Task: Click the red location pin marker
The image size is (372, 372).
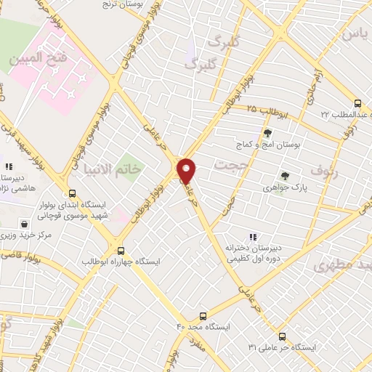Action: (187, 171)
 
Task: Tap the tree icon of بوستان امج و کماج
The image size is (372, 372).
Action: (267, 133)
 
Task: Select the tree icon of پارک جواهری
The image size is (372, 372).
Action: (284, 175)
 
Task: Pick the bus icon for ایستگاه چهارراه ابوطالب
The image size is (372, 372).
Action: (121, 248)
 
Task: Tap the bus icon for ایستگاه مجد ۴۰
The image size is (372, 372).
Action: (202, 316)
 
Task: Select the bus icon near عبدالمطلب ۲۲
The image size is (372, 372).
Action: (357, 103)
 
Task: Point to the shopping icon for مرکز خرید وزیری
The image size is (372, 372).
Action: (25, 224)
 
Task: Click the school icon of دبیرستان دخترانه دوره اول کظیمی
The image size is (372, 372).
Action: (253, 236)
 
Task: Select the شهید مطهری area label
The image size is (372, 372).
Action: (345, 265)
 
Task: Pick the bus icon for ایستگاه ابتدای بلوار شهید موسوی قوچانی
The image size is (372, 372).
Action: (71, 193)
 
